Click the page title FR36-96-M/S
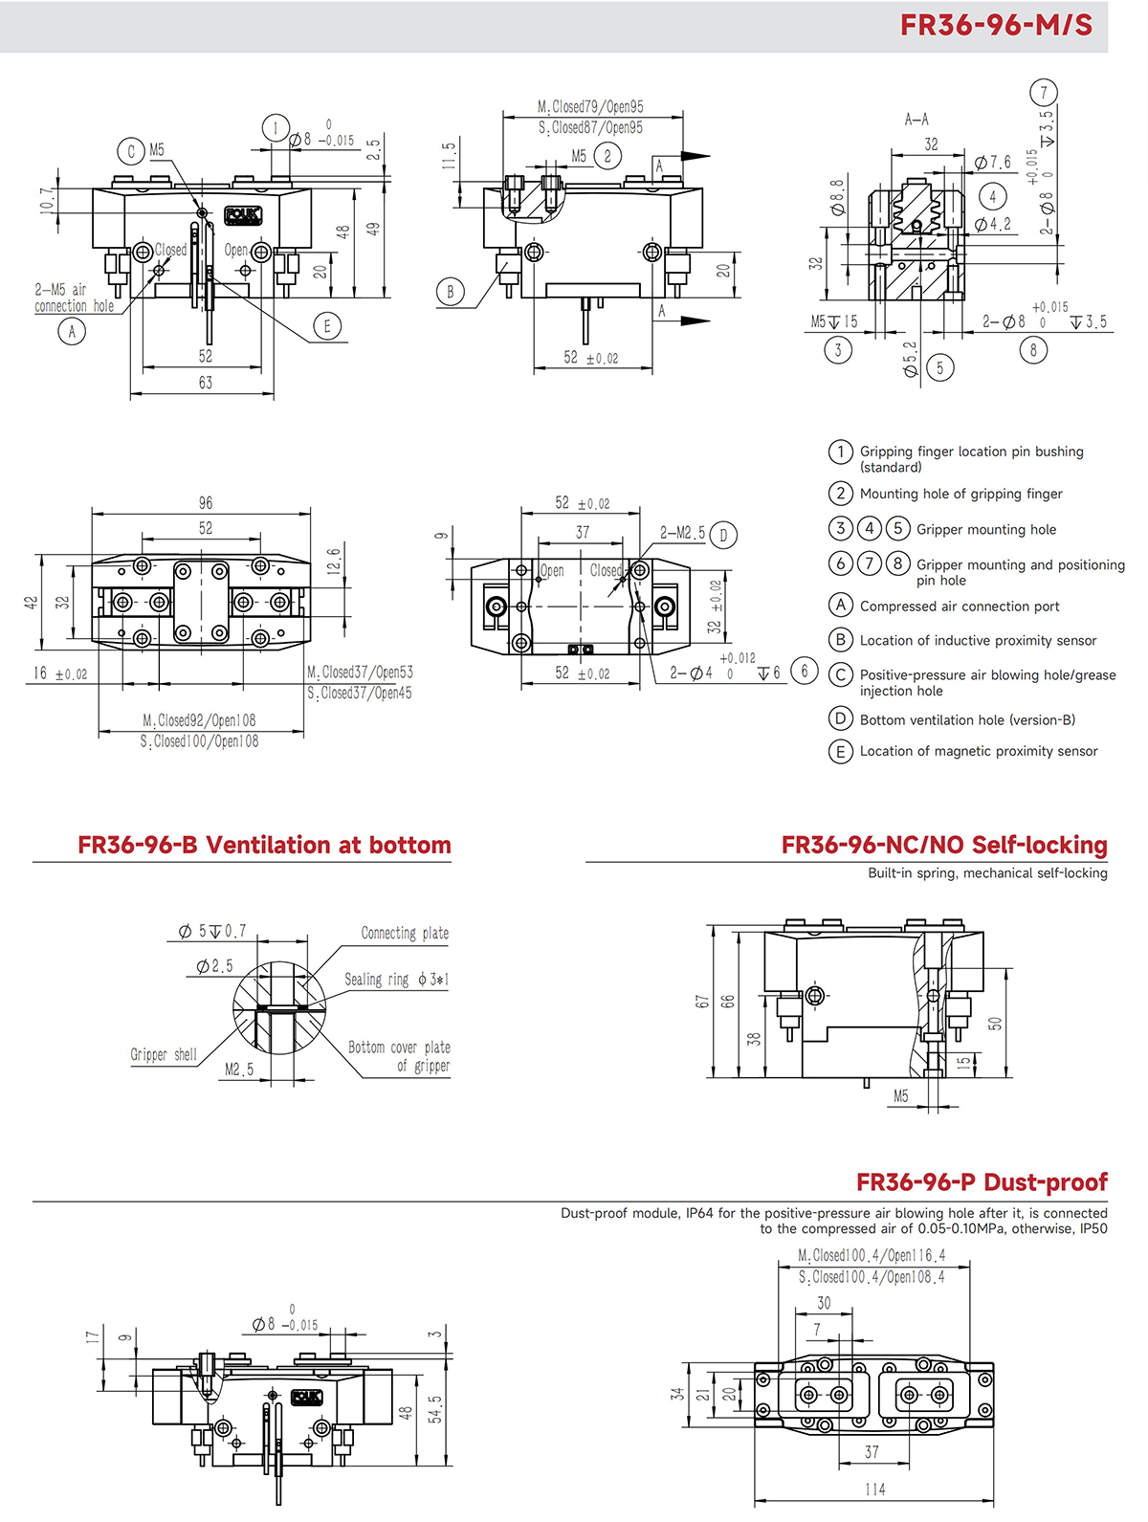(996, 25)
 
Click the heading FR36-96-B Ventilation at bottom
(264, 846)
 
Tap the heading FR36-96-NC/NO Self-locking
(944, 846)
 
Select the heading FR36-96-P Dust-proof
(982, 1182)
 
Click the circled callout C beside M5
(131, 150)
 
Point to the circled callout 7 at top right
(1044, 93)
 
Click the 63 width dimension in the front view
(205, 383)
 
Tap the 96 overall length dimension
(206, 503)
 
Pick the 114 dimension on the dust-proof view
(874, 1489)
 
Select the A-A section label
(916, 120)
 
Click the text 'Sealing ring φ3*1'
(396, 980)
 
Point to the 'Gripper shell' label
(164, 1054)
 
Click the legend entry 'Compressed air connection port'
(960, 607)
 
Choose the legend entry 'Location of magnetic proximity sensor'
(979, 752)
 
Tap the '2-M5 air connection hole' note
(74, 298)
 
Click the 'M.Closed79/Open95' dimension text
(590, 107)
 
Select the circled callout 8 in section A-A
(1033, 350)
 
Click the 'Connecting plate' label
(405, 933)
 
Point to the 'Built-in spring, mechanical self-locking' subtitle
(987, 873)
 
